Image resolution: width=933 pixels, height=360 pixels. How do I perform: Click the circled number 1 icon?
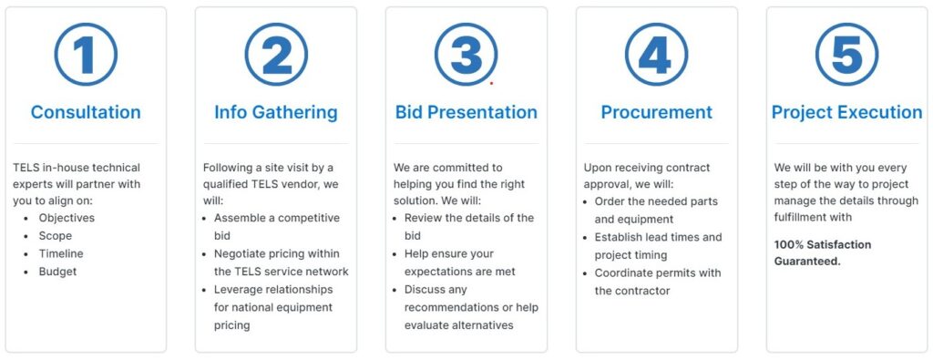coord(86,55)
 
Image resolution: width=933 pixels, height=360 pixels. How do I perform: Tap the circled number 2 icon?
coord(276,55)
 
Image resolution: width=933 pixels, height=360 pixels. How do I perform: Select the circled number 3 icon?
coord(466,55)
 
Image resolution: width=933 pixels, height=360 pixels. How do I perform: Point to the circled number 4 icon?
coord(656,55)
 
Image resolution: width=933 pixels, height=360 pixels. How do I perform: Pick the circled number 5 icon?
coord(846,55)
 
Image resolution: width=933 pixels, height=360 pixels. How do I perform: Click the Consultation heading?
coord(86,112)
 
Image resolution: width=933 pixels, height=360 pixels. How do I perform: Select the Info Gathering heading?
coord(276,112)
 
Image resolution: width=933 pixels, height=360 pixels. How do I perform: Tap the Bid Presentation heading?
coord(466,112)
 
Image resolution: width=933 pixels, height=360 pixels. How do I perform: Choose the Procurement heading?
coord(656,112)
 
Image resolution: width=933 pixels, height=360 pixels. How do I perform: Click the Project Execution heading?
coord(846,112)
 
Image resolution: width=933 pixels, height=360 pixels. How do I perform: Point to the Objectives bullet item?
coord(67,219)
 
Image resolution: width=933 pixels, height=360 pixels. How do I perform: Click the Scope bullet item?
coord(55,236)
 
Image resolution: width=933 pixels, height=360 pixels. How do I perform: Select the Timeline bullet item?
coord(61,254)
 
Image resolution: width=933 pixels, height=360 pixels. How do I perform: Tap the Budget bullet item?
coord(57,272)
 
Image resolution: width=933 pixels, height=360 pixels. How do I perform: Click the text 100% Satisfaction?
coord(823,244)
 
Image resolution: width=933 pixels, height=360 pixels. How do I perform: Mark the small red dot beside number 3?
coord(492,83)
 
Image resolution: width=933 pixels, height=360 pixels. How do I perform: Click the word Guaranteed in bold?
coord(806,262)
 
